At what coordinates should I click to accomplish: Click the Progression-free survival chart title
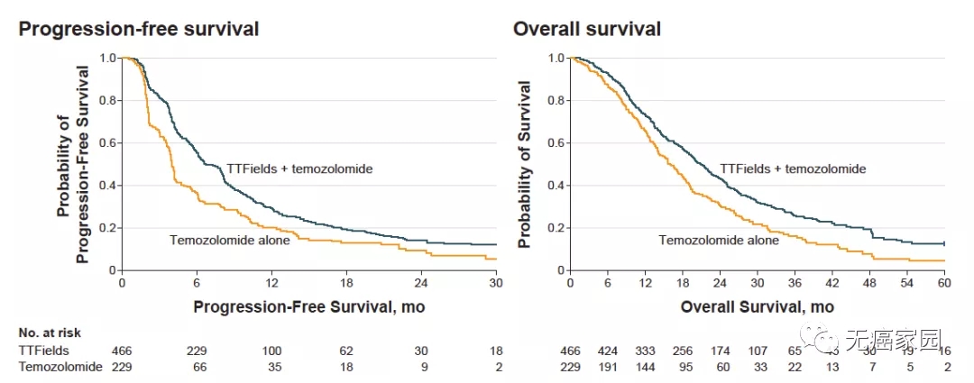pos(139,29)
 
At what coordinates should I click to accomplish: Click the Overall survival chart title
pos(587,29)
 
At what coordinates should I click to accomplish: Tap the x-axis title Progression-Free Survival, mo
pos(308,307)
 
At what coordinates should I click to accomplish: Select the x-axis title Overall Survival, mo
pos(757,307)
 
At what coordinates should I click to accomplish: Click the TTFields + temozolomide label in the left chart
pos(293,169)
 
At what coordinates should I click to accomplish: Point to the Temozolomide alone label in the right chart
pos(719,240)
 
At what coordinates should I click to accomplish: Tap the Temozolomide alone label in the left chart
pos(229,239)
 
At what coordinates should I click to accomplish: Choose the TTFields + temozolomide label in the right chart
pos(793,169)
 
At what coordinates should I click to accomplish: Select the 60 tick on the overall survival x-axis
pos(943,282)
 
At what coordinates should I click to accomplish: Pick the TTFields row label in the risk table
pos(44,350)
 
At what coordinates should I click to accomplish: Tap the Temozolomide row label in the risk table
pos(57,367)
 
